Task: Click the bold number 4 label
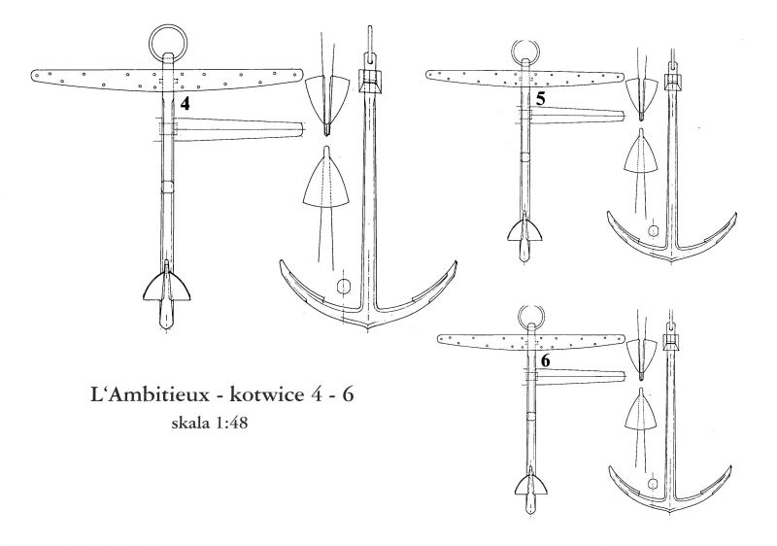coord(185,104)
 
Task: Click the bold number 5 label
coord(541,99)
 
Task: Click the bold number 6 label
coord(545,361)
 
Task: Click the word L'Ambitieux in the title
coord(151,395)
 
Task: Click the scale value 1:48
coord(231,424)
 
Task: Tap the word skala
coord(190,424)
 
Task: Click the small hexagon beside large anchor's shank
coord(344,287)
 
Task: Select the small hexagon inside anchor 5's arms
coord(654,230)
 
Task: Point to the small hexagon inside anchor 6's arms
coord(653,483)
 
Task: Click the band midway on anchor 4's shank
coord(167,188)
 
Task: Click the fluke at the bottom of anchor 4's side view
coord(167,288)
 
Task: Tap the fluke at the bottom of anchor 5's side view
coord(524,230)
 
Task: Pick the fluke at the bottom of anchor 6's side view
coord(530,485)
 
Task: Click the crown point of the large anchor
coord(368,329)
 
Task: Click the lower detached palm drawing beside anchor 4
coord(326,182)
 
